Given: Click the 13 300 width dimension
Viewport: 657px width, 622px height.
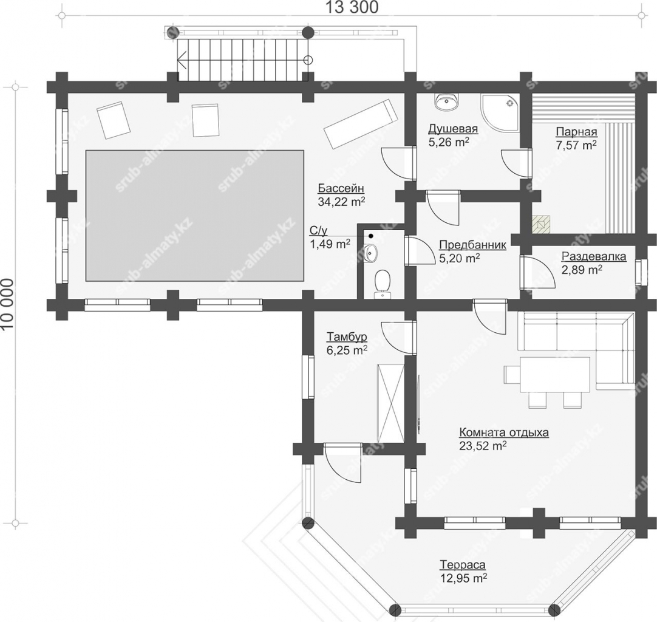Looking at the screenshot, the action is pyautogui.click(x=352, y=7).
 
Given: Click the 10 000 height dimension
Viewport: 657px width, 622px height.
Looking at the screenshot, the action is pyautogui.click(x=7, y=304).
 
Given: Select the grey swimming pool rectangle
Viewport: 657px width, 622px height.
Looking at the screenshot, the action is pyautogui.click(x=195, y=216).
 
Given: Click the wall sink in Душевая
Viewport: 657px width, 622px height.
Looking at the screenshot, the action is pyautogui.click(x=447, y=101).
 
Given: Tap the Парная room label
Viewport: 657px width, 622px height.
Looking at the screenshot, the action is pyautogui.click(x=576, y=132).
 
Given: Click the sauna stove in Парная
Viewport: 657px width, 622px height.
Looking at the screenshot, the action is pyautogui.click(x=542, y=224).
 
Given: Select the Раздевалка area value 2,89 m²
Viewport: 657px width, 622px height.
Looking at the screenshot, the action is pyautogui.click(x=582, y=270).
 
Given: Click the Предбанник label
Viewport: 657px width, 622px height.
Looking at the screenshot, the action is pyautogui.click(x=472, y=245).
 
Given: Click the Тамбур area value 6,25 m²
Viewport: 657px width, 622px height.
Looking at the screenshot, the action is pyautogui.click(x=347, y=350).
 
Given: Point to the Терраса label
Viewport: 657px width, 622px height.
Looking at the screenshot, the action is pyautogui.click(x=463, y=564).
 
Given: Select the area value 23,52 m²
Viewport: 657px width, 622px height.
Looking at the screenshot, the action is pyautogui.click(x=483, y=445).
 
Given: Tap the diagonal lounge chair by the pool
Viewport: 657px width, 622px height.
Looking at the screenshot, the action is pyautogui.click(x=360, y=124).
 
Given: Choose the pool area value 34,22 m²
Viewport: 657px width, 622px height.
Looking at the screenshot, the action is pyautogui.click(x=341, y=202).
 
